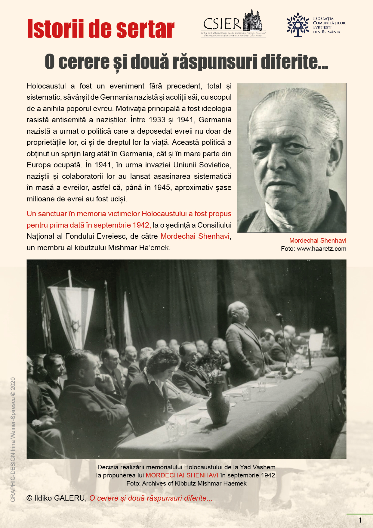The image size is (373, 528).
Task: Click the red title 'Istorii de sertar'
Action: [100, 29]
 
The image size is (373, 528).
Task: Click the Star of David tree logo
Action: [297, 25]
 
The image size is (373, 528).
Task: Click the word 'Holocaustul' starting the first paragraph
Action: [46, 86]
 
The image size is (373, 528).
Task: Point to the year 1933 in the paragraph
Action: [157, 120]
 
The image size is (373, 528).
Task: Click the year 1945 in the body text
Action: [162, 188]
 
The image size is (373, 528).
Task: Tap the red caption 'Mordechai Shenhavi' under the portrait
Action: [318, 241]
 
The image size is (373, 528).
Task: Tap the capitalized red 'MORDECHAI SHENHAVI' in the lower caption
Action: [182, 475]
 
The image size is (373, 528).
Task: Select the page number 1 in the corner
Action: [360, 520]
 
